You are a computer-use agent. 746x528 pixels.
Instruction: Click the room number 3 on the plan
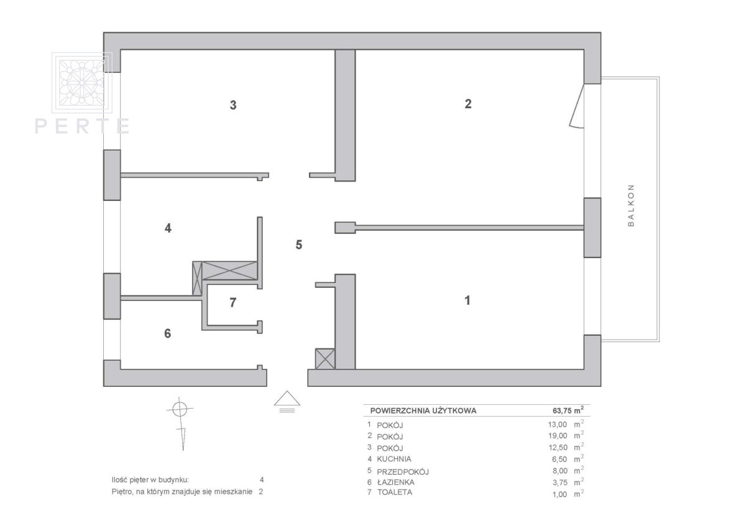(233, 105)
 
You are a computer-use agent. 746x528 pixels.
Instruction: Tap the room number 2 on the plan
(468, 104)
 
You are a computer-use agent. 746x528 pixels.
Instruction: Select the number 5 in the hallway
(299, 245)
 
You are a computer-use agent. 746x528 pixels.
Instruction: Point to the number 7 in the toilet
(233, 302)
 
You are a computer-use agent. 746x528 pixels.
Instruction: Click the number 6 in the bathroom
(167, 333)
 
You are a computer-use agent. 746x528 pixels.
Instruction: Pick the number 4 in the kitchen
(168, 228)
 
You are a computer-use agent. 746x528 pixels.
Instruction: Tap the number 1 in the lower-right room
(467, 300)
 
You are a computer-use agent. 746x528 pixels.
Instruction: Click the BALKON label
(631, 205)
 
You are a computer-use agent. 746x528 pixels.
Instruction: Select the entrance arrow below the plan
(287, 401)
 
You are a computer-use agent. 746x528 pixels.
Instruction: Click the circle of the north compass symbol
(180, 409)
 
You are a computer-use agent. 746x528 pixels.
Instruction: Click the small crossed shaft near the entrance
(325, 359)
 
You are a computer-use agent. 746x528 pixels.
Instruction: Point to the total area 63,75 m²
(568, 410)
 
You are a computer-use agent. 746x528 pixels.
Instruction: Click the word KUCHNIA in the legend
(394, 459)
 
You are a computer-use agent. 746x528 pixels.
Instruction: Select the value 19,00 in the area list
(558, 436)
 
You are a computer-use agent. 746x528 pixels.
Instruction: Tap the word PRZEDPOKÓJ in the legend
(403, 471)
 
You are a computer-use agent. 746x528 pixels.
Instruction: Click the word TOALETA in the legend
(395, 493)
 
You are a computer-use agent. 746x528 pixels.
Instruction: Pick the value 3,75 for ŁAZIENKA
(559, 483)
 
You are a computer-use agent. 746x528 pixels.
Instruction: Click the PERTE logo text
(82, 126)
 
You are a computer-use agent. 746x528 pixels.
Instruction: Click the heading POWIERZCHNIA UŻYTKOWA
(423, 410)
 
